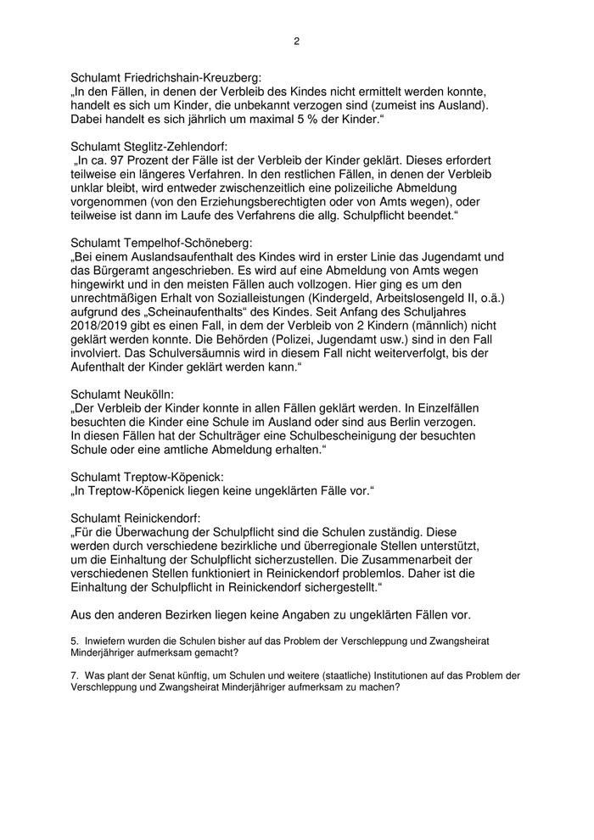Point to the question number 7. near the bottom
click(x=74, y=675)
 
